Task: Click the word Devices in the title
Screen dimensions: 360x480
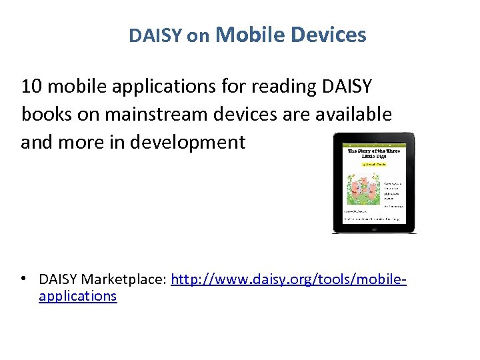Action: pyautogui.click(x=329, y=34)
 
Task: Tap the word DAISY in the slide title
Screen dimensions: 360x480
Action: pyautogui.click(x=155, y=36)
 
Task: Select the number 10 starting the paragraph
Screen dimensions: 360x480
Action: pyautogui.click(x=31, y=86)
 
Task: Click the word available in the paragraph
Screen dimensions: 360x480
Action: pyautogui.click(x=351, y=114)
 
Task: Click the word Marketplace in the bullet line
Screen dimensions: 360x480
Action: pyautogui.click(x=126, y=279)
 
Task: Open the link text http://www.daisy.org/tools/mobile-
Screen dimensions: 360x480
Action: pyautogui.click(x=289, y=279)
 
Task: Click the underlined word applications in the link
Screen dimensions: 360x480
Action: pyautogui.click(x=78, y=296)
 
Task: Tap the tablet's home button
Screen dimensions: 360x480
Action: pyautogui.click(x=374, y=229)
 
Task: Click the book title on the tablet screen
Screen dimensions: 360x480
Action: pyautogui.click(x=373, y=152)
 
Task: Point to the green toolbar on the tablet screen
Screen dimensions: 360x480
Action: pyautogui.click(x=373, y=142)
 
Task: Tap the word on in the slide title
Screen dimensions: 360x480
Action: pyautogui.click(x=198, y=37)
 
